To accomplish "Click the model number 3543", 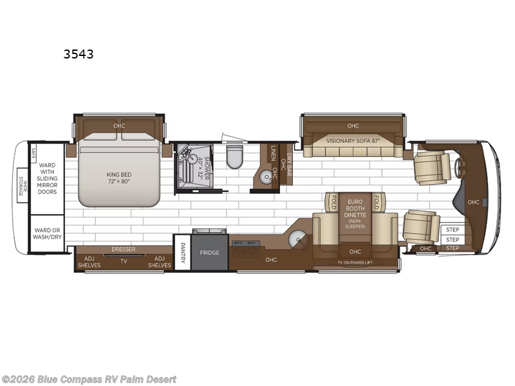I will point(79,55).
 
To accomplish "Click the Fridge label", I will point(210,253).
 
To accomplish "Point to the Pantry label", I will point(182,252).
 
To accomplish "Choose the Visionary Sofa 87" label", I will point(353,141).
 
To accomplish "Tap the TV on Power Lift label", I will point(354,263).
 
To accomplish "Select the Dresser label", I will point(123,249).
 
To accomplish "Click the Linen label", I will point(274,154).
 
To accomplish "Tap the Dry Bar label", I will point(290,160).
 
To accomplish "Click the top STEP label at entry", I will point(453,230).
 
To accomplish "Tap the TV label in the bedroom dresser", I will point(123,261).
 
